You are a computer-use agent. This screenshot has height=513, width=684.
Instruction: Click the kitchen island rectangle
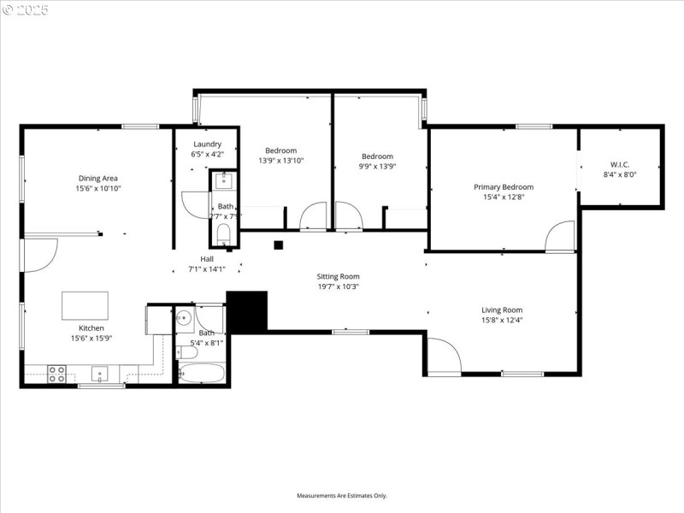(85, 305)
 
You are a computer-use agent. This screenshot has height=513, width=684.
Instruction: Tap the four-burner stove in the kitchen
(56, 373)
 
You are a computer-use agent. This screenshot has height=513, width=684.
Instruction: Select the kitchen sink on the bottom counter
(100, 373)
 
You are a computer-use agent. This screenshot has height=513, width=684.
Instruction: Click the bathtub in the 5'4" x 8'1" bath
(202, 374)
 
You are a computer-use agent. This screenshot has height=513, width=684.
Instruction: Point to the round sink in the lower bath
(186, 318)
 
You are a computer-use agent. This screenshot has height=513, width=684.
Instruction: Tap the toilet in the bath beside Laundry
(224, 233)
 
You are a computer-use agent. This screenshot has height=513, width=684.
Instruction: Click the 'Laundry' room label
(207, 144)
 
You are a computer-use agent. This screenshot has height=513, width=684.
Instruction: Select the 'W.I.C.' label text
(621, 163)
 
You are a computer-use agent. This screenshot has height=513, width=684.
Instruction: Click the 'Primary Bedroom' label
(504, 186)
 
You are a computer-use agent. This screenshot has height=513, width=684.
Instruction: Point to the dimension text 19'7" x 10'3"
(338, 286)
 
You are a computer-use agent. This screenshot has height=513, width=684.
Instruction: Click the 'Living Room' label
(501, 310)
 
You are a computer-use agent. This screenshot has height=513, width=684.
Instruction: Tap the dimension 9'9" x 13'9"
(377, 167)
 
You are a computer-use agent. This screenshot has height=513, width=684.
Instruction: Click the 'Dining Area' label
(98, 178)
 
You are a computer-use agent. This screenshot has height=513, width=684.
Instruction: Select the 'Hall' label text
(207, 259)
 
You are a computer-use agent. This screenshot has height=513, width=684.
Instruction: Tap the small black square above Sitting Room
(278, 245)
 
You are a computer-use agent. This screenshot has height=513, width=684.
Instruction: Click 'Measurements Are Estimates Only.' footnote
(342, 495)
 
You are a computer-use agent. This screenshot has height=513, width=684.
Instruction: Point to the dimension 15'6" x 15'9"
(91, 338)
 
